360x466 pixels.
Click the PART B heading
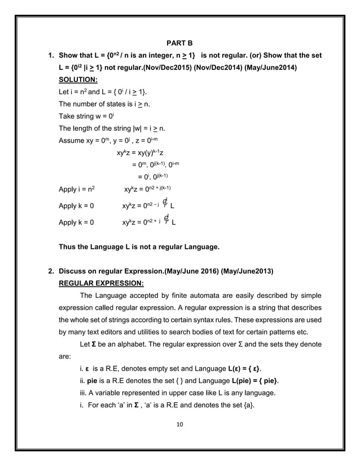point(179,42)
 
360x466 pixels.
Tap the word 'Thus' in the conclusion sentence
point(68,247)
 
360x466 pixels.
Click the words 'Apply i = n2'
point(77,189)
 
